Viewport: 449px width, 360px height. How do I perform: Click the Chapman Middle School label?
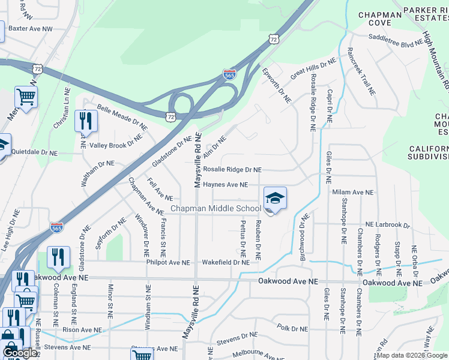215,209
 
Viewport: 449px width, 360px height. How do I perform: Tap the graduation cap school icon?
275,199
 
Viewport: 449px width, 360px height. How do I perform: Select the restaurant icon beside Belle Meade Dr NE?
86,121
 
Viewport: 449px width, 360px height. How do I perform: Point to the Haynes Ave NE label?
225,185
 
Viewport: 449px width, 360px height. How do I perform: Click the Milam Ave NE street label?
353,193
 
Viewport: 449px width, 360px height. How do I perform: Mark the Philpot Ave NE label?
167,262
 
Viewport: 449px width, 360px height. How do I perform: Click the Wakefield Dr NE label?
226,262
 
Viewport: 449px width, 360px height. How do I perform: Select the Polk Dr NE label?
292,329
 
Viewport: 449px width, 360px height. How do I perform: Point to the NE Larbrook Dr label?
387,225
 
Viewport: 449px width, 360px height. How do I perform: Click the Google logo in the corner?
19,353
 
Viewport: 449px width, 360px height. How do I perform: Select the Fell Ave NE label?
160,193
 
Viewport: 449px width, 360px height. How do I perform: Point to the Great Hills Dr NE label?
313,70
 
